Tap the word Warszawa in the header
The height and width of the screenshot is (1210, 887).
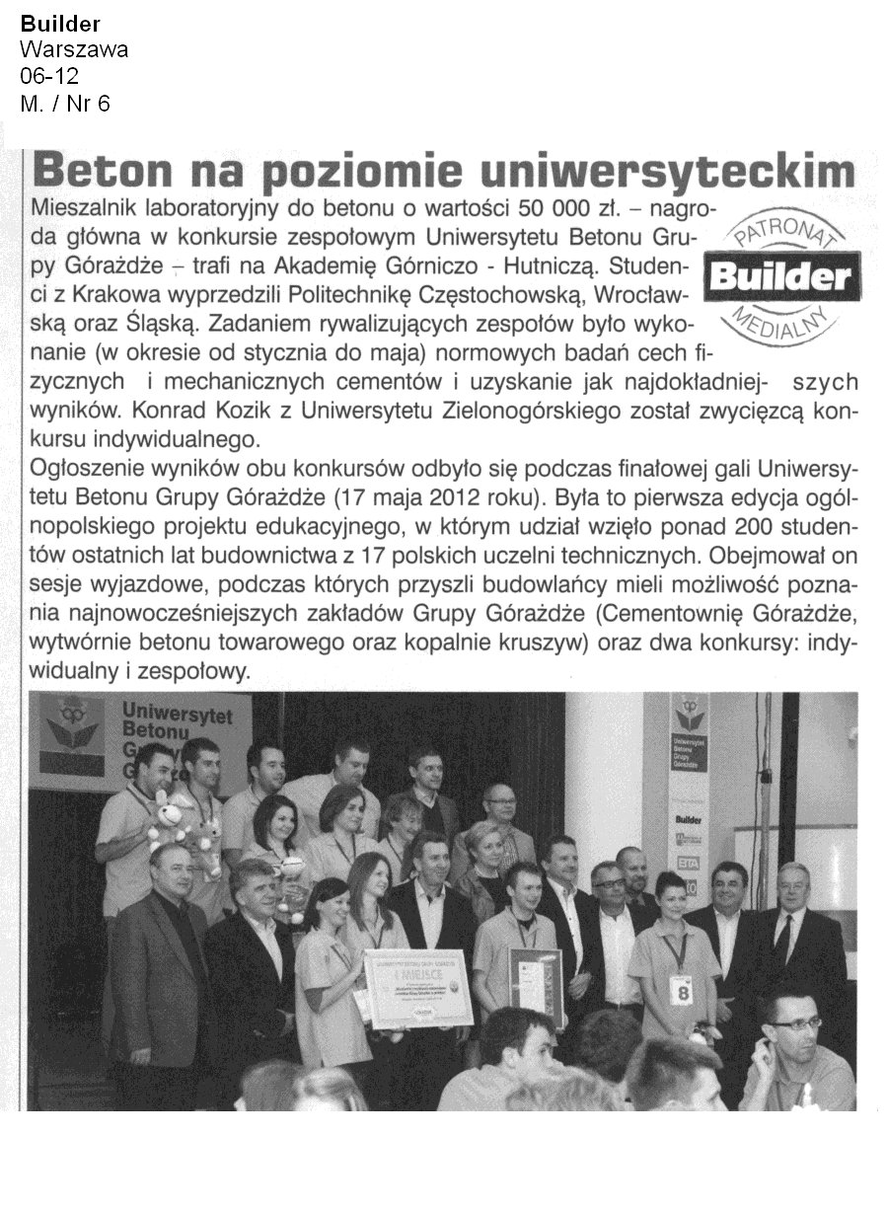tap(74, 50)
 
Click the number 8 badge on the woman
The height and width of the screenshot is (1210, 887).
tap(679, 989)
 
